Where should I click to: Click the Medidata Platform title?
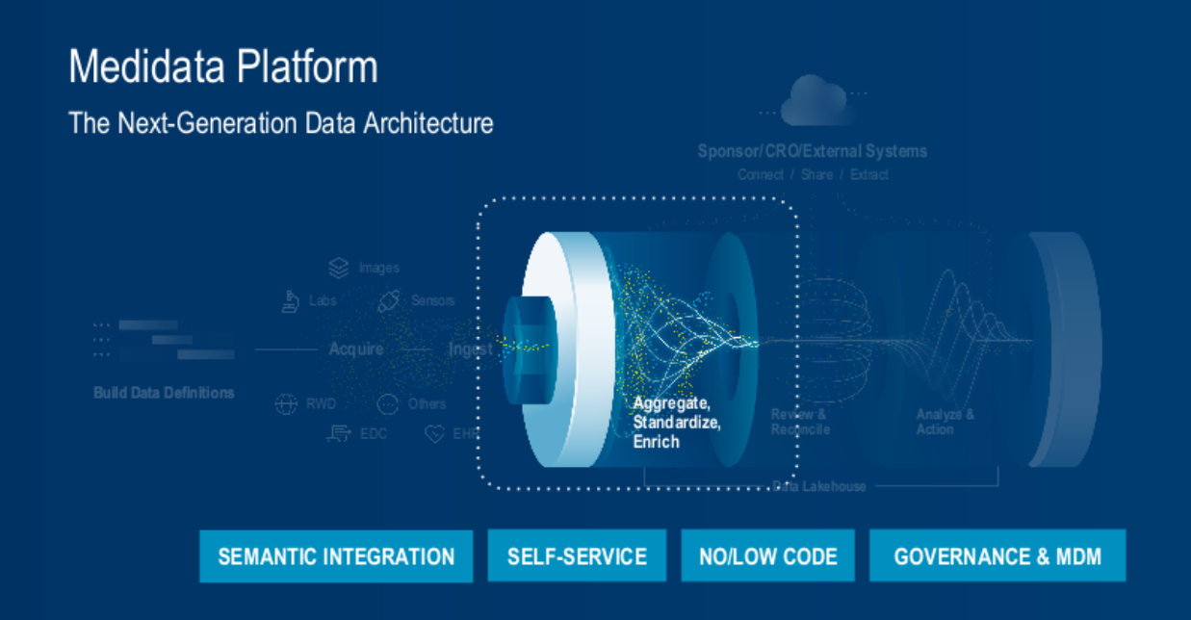click(223, 67)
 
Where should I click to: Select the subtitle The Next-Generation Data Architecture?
click(280, 123)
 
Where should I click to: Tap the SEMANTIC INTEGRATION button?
click(336, 556)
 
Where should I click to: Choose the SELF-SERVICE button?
click(577, 556)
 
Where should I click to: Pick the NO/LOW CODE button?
click(767, 556)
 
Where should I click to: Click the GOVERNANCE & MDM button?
click(997, 556)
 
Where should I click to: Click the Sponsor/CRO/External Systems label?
click(813, 151)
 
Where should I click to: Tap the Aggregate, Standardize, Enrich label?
click(677, 422)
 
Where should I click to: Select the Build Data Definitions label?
click(164, 393)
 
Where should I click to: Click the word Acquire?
click(356, 349)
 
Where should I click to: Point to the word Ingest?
click(471, 349)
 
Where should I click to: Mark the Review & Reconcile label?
click(800, 422)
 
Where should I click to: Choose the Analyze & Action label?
click(945, 422)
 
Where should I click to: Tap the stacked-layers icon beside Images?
click(338, 268)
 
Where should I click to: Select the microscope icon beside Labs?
click(290, 301)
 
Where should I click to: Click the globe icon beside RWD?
click(286, 404)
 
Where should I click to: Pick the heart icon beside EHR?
click(435, 434)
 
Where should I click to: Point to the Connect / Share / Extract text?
click(813, 175)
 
